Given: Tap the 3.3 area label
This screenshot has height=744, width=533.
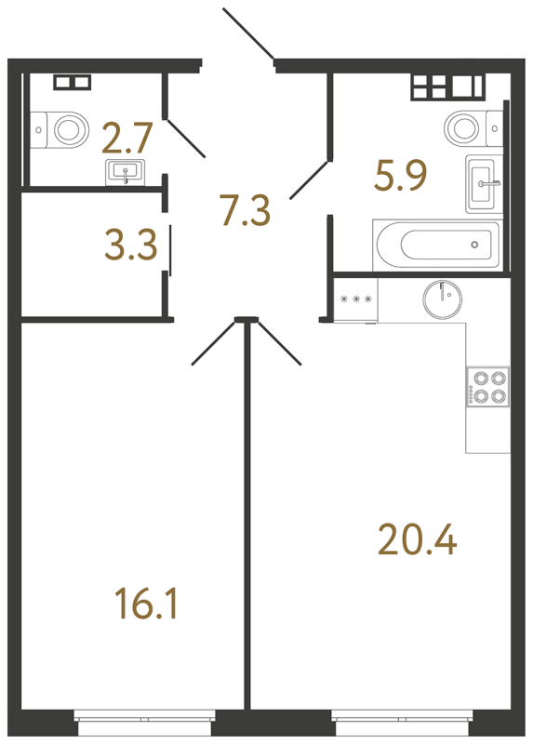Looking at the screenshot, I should pos(130,248).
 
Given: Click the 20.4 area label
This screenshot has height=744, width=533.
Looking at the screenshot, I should pos(418,539).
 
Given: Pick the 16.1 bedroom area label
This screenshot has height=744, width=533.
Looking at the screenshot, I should pos(143,605).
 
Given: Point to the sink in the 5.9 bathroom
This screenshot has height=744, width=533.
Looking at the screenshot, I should pos(483,182).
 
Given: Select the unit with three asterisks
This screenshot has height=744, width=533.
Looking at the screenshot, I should pos(356,299).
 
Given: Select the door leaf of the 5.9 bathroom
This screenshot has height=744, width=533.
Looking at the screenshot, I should pos(311,179).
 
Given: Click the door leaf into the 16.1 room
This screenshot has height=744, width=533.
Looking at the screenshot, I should pos(213,341).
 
